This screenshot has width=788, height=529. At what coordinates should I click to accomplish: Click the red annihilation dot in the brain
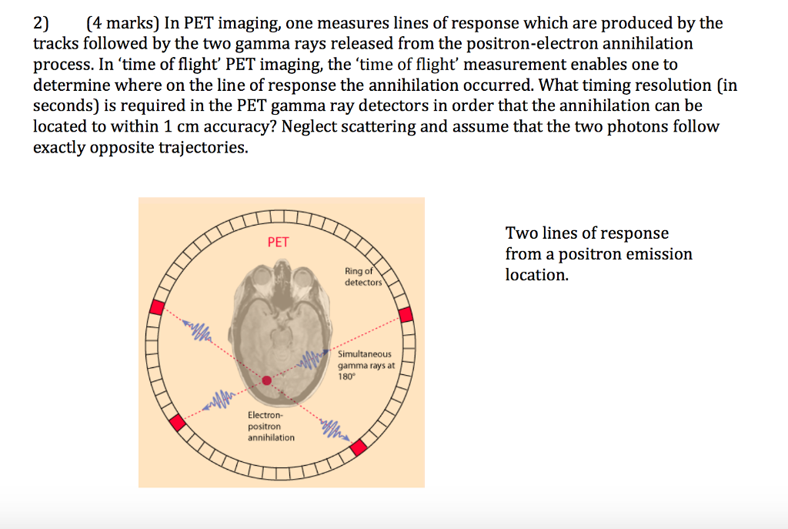coord(267,380)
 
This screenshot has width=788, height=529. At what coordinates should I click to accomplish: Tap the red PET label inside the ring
coord(278,242)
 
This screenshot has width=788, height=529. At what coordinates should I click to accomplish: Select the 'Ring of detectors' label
coord(362,276)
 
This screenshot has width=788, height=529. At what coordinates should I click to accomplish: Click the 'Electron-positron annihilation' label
coord(270,427)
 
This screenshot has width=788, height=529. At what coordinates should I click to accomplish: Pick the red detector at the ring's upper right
coord(406,314)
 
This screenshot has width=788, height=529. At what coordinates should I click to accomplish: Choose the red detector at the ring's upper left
coord(156,307)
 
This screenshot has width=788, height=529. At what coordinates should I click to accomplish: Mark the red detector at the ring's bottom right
coord(358,447)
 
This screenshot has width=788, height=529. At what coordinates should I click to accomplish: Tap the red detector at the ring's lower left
coord(178,422)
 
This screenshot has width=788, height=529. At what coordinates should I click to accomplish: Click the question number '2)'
coord(41,23)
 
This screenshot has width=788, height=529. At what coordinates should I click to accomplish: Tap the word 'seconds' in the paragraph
coord(62,105)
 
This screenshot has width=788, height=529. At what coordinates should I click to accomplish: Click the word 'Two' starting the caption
coord(519,233)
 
